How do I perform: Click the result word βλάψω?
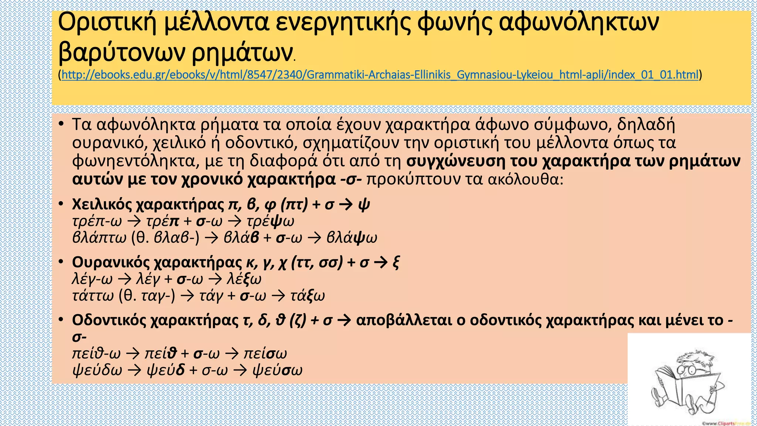[x=352, y=238]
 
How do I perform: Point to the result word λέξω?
[x=244, y=279]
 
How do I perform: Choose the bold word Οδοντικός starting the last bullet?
[x=109, y=320]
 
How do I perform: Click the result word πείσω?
[x=265, y=354]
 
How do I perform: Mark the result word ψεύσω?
[x=277, y=370]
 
